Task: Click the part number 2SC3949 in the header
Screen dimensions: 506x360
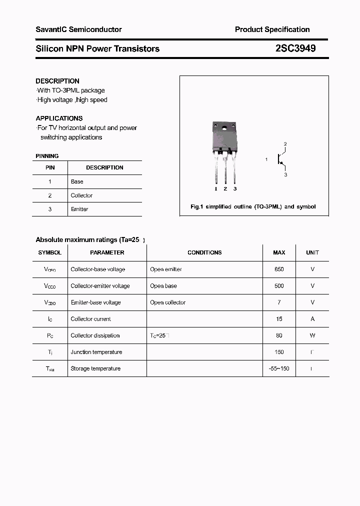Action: click(295, 48)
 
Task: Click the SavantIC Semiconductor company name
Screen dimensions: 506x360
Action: click(78, 29)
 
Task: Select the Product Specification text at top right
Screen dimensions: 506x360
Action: click(272, 29)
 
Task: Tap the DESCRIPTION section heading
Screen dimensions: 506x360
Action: click(57, 81)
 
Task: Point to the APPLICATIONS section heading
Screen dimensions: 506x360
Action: click(59, 118)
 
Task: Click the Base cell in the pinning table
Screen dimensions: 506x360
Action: click(77, 181)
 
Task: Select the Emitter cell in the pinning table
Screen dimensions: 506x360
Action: click(79, 209)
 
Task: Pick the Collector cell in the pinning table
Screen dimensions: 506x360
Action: click(81, 195)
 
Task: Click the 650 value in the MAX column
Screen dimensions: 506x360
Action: click(279, 269)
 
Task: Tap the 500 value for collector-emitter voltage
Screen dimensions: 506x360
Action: click(279, 286)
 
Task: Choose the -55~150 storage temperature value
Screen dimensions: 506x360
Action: click(279, 368)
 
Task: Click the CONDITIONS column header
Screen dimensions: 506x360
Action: click(204, 252)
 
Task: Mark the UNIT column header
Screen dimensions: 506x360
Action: click(312, 252)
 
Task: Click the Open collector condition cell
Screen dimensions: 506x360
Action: click(167, 302)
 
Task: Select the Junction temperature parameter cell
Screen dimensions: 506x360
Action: click(96, 352)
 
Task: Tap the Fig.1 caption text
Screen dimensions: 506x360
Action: click(253, 206)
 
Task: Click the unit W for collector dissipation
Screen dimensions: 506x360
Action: click(312, 335)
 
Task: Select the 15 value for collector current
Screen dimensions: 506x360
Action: click(279, 319)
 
